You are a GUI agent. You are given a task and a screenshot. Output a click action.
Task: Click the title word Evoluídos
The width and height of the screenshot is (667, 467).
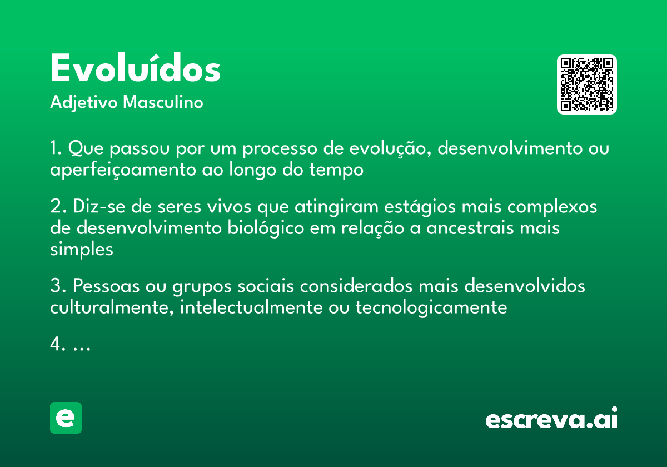tap(135, 69)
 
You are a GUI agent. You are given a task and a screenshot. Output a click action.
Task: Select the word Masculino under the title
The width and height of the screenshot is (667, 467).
tap(163, 103)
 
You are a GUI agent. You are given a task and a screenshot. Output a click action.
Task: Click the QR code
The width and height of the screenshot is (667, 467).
tap(587, 85)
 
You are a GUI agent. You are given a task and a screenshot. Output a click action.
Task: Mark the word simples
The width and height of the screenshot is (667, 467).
tap(82, 250)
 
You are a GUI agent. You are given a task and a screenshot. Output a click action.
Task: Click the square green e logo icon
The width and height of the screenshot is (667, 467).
tap(66, 418)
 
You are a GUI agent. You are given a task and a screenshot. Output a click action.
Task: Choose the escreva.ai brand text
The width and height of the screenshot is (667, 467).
tap(551, 419)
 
